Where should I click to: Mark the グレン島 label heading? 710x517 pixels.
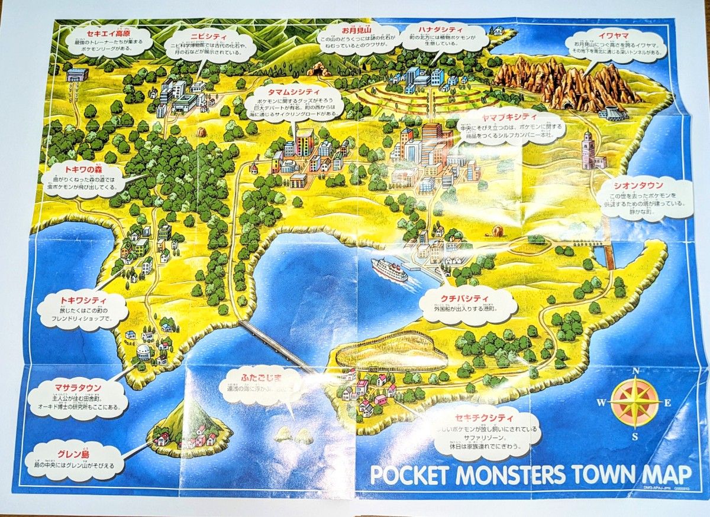(73, 454)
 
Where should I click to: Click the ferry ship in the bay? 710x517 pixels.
(389, 270)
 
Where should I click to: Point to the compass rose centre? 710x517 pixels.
(635, 403)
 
